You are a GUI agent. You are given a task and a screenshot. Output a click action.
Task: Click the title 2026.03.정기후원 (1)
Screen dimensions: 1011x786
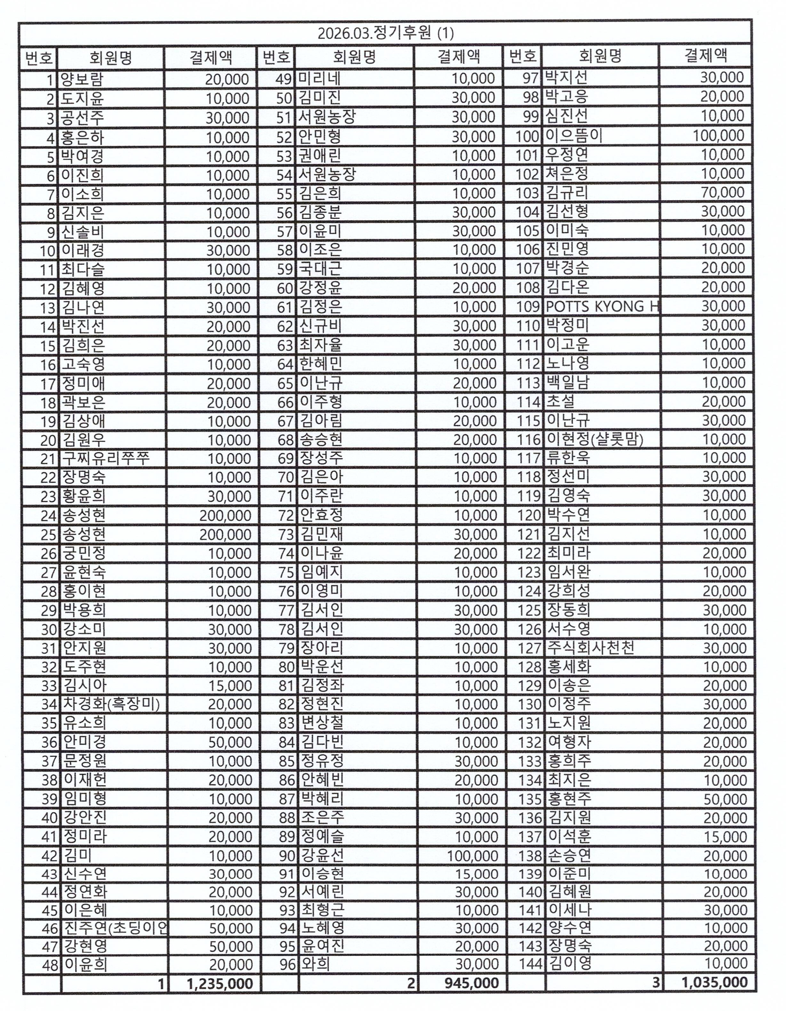coord(385,33)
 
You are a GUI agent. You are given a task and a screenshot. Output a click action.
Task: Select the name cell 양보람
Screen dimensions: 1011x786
coord(82,80)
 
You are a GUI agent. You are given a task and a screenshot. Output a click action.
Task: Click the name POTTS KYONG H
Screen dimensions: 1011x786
coord(602,307)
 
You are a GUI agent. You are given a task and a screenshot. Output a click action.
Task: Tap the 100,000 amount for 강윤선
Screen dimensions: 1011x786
coord(473,855)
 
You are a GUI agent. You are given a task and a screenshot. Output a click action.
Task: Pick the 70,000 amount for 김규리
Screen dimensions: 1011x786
coord(723,192)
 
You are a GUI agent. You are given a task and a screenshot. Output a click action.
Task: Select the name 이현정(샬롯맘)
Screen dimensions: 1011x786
coord(595,439)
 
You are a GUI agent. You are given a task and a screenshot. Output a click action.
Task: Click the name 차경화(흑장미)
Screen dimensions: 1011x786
coord(111,704)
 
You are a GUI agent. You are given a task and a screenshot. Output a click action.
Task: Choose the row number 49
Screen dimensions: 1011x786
coord(283,79)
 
